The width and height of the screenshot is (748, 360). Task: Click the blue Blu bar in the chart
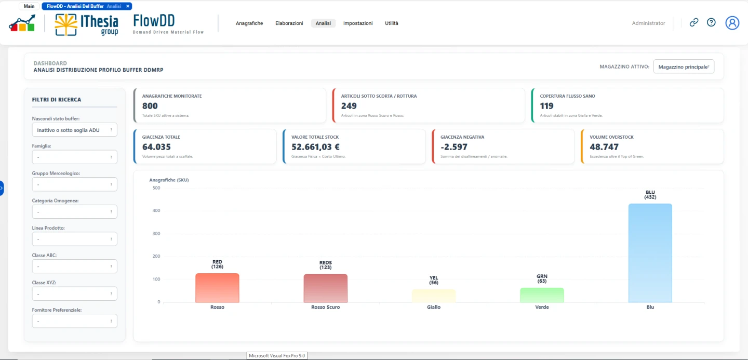(x=650, y=253)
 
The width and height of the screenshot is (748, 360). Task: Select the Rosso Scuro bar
(x=325, y=288)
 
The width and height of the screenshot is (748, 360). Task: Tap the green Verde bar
(x=542, y=295)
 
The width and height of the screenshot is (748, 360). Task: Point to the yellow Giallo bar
(x=433, y=296)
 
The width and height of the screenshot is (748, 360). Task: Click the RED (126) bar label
(x=217, y=264)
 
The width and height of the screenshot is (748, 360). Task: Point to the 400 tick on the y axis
(x=156, y=210)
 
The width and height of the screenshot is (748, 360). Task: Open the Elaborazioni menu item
(x=289, y=23)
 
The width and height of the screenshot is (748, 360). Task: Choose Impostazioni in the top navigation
(x=357, y=23)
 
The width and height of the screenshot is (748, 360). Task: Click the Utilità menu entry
(x=391, y=23)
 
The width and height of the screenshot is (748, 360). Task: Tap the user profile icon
(x=732, y=23)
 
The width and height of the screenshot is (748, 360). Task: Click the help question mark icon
(x=711, y=22)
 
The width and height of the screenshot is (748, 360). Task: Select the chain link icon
(x=694, y=22)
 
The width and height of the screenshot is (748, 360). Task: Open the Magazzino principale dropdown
(x=684, y=67)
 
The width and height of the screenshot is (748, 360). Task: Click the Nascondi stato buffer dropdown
(x=74, y=130)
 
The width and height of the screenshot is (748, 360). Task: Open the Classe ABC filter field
(x=74, y=266)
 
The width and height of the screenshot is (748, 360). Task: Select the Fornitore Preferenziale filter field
(x=74, y=321)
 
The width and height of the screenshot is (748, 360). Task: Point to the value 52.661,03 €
(x=315, y=147)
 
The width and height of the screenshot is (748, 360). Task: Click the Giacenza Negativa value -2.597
(x=454, y=147)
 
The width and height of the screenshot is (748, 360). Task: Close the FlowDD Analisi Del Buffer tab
(x=128, y=6)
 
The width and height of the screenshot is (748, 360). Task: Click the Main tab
(x=29, y=6)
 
